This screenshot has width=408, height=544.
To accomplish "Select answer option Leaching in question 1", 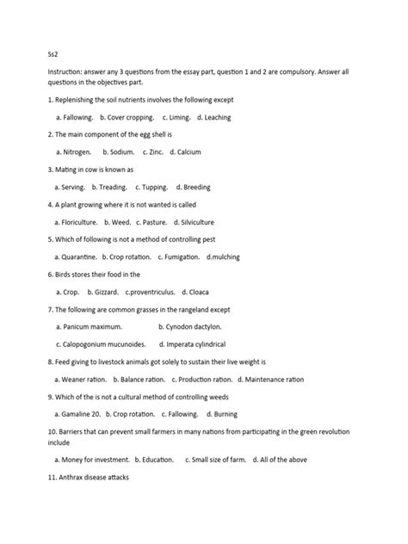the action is [214, 117].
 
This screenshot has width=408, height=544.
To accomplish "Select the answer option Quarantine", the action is [76, 257].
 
